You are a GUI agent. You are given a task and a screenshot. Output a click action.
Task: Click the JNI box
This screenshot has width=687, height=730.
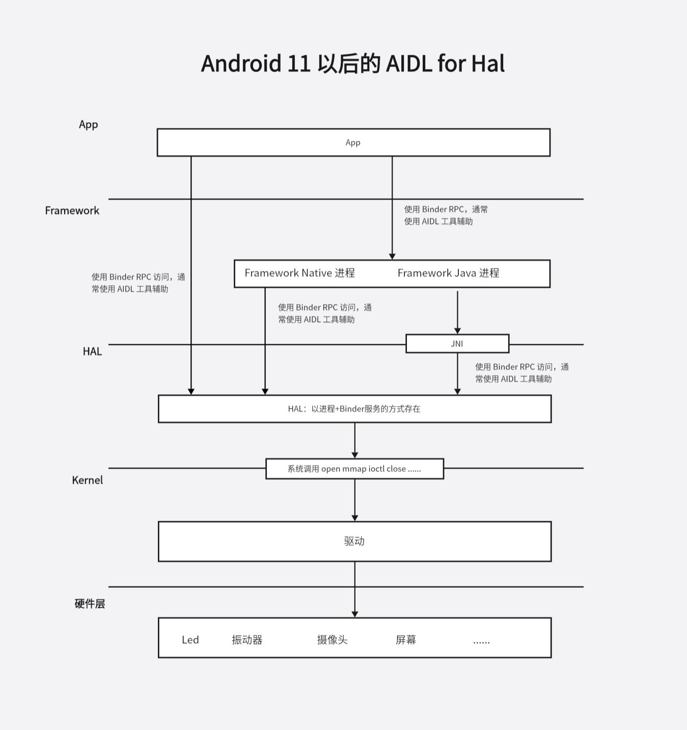pyautogui.click(x=457, y=344)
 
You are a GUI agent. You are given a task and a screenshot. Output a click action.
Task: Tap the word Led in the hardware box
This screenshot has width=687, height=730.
pyautogui.click(x=190, y=640)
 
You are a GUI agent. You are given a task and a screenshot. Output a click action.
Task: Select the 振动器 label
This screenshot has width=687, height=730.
pyautogui.click(x=247, y=640)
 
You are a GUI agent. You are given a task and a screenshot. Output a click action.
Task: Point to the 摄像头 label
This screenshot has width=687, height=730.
pyautogui.click(x=332, y=640)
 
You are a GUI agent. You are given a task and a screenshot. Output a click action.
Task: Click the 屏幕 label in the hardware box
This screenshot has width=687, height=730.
pyautogui.click(x=406, y=640)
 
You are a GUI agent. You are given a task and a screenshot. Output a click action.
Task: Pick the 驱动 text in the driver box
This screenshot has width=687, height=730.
pyautogui.click(x=354, y=541)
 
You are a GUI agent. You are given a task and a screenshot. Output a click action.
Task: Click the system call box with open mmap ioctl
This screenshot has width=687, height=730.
pyautogui.click(x=354, y=469)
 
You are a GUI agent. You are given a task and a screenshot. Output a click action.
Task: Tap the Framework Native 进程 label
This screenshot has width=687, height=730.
pyautogui.click(x=299, y=273)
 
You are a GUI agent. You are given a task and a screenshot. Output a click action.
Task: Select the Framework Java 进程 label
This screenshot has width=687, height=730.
pyautogui.click(x=448, y=273)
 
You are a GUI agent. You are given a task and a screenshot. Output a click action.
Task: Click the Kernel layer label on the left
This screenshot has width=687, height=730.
pyautogui.click(x=87, y=480)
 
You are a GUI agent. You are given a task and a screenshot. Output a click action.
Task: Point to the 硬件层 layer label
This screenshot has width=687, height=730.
pyautogui.click(x=90, y=604)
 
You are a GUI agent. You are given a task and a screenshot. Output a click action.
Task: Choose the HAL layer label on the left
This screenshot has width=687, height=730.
pyautogui.click(x=92, y=352)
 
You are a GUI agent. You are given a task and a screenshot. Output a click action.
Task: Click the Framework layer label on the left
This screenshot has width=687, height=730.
pyautogui.click(x=72, y=210)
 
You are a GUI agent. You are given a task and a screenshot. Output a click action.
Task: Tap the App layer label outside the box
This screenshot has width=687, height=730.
pyautogui.click(x=88, y=124)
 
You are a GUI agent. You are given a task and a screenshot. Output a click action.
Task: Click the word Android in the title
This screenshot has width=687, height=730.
pyautogui.click(x=241, y=64)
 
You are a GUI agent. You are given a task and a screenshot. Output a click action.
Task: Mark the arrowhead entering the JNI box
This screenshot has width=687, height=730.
pyautogui.click(x=457, y=331)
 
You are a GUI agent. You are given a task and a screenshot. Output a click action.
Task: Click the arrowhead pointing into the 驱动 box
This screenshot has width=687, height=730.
pyautogui.click(x=355, y=518)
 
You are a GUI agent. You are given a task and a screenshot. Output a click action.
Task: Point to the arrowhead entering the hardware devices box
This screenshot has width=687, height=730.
pyautogui.click(x=355, y=614)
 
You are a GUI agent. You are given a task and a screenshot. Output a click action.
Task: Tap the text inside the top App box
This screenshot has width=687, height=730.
pyautogui.click(x=353, y=143)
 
